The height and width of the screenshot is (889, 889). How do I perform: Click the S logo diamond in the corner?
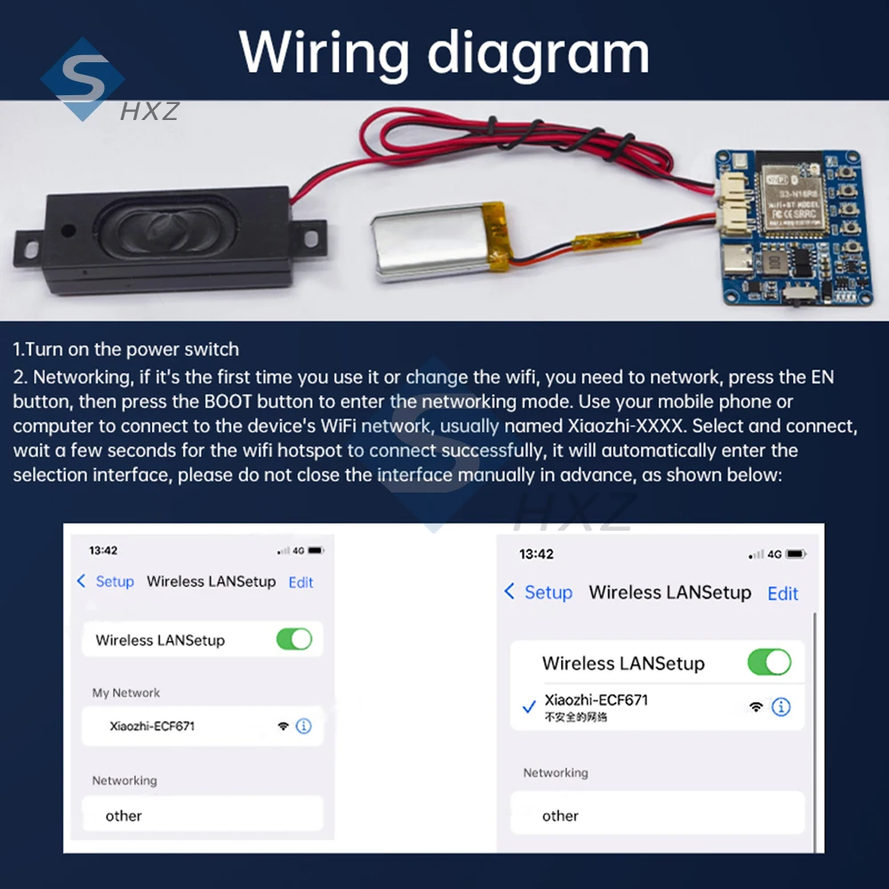tap(82, 78)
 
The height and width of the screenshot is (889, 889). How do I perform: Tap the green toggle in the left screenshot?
tap(294, 639)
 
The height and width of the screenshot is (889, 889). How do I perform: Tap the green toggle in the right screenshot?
tap(769, 662)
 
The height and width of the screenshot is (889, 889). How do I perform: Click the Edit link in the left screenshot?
tap(301, 582)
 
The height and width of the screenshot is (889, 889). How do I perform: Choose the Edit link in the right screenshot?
tap(782, 593)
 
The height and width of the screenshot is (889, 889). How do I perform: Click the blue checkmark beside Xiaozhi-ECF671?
tap(529, 707)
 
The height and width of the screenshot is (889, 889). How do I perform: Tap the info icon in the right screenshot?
tap(781, 707)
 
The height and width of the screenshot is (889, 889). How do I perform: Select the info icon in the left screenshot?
tap(304, 725)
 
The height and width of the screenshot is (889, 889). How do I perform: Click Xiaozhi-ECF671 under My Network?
tap(152, 725)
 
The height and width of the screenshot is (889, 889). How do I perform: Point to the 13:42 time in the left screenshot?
tap(103, 550)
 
